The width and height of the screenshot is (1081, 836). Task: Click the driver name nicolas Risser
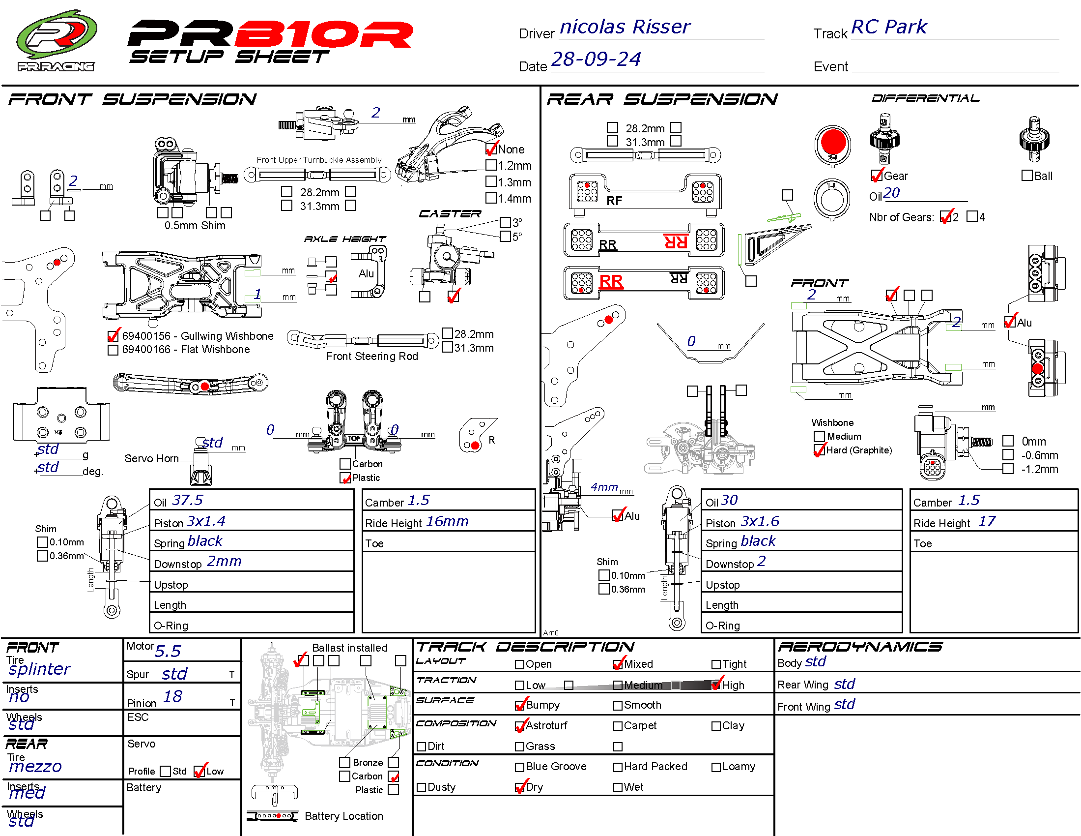[625, 27]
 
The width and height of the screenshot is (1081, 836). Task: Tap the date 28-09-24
[596, 60]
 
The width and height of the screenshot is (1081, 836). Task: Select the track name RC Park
[889, 27]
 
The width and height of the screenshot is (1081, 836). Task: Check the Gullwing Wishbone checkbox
[114, 336]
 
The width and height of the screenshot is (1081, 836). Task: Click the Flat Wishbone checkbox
[114, 350]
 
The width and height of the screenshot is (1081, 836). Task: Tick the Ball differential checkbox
[1027, 176]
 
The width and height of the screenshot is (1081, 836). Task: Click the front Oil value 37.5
[188, 500]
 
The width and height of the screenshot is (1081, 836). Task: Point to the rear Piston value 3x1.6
[760, 521]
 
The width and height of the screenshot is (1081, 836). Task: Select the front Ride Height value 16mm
[447, 521]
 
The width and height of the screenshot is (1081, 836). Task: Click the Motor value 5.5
[168, 651]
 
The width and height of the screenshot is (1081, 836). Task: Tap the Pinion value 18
[172, 697]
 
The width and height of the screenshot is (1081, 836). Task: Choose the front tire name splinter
[40, 669]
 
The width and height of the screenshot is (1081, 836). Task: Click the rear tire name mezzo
[36, 767]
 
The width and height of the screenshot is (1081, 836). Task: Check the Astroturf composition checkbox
[520, 726]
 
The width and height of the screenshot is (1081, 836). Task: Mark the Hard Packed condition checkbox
[618, 767]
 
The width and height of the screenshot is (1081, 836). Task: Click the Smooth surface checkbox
[618, 706]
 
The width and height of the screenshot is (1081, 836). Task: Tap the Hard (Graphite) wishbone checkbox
[819, 450]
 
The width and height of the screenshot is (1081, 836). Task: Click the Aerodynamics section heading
[860, 647]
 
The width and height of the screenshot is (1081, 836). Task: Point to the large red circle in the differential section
[833, 142]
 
